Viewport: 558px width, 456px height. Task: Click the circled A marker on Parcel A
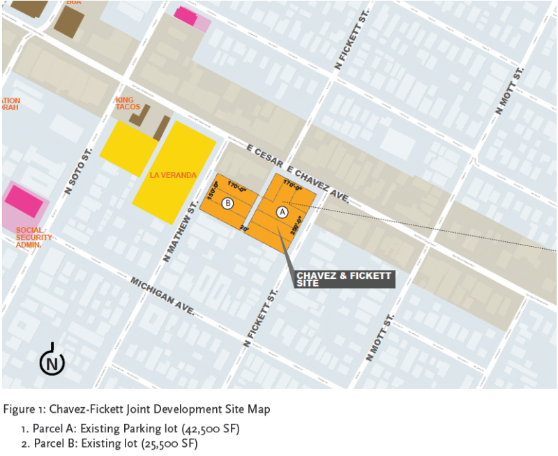coord(282,211)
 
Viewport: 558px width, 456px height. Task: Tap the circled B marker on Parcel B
coord(227,204)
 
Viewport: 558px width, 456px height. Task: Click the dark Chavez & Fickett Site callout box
coord(342,279)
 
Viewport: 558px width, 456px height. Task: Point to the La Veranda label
coord(173,175)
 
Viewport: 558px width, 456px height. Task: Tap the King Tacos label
coord(128,103)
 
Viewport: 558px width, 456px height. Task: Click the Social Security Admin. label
coord(33,238)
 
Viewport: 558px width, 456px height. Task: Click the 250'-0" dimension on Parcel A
coord(296,228)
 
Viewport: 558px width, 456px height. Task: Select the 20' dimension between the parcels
coord(244,228)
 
